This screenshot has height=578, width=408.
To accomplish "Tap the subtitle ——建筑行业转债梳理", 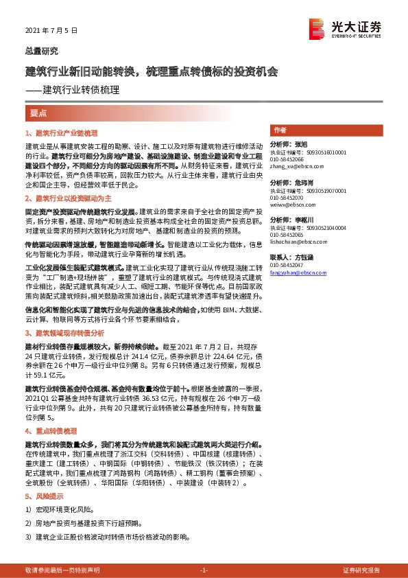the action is click(x=72, y=89).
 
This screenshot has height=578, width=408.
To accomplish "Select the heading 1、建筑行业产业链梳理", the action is click(x=62, y=132).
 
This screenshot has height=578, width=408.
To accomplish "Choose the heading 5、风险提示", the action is click(x=45, y=496).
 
